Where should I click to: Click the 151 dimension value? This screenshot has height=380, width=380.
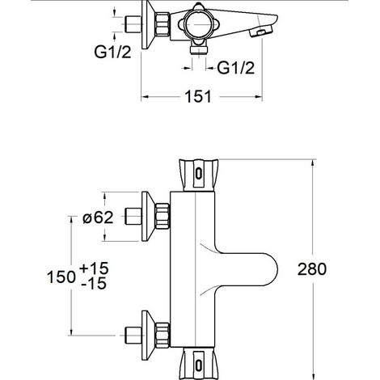coord(198,96)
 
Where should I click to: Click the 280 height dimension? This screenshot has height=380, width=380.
coord(312,269)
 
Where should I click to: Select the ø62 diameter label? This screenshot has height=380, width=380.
coord(98,217)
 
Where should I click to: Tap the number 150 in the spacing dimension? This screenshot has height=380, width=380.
coord(61,277)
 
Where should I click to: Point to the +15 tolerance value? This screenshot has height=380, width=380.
coord(94,268)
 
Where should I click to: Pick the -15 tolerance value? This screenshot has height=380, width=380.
coord(94,283)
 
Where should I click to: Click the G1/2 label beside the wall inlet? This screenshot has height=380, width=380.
coord(112,52)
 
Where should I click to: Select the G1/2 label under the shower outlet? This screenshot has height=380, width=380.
coord(236,68)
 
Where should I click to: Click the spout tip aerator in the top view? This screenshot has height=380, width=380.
coord(261,32)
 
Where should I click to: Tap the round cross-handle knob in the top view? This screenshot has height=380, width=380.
coord(198,24)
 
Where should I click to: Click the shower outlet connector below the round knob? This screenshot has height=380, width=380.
coord(198,49)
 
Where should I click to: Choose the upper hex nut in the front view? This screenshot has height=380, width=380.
coord(163,217)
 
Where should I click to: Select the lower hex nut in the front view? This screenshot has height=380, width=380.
coord(163,335)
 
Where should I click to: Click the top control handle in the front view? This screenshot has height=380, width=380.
coord(199,175)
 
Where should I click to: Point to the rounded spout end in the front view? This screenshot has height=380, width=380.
coord(268,269)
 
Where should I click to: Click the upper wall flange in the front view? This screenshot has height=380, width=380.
coord(148,216)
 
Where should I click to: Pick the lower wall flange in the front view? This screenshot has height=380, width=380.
coord(148,335)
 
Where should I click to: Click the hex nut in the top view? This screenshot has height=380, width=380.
coord(163,24)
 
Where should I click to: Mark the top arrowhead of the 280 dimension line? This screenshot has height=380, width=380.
coord(313,163)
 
